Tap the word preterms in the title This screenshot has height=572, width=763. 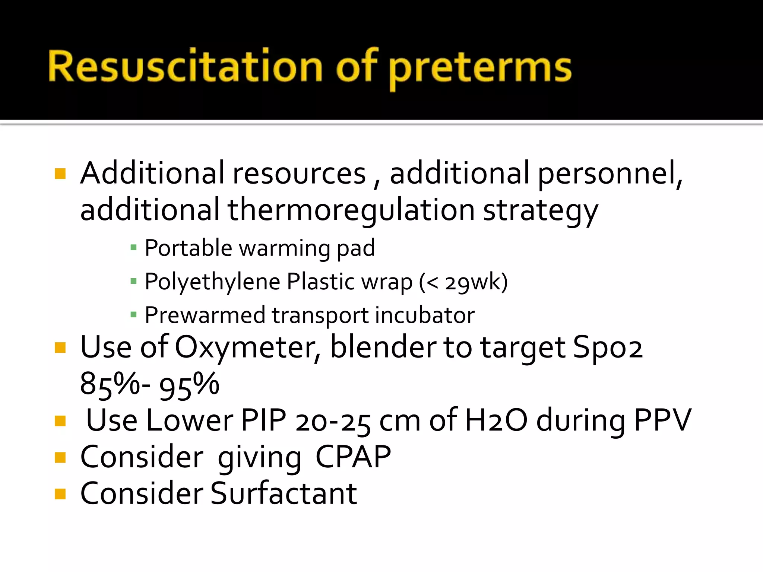point(480,69)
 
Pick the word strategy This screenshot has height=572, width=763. point(541,211)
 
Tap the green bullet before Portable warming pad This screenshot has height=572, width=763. point(134,248)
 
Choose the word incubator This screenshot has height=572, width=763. point(425,315)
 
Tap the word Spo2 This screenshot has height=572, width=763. point(608,347)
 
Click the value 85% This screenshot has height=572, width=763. point(110,385)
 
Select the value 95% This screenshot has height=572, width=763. point(189,385)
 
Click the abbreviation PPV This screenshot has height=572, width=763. point(662,420)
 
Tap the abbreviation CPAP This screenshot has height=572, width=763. point(353,457)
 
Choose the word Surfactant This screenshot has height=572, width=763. point(284,493)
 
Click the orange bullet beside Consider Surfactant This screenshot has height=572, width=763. point(60,493)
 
